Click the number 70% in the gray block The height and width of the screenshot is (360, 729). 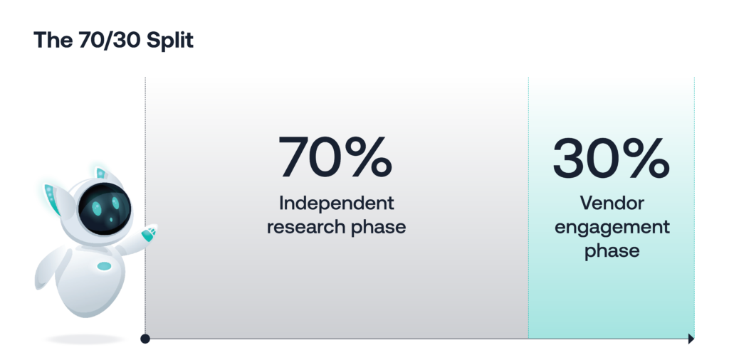(335, 158)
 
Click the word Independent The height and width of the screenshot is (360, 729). (336, 203)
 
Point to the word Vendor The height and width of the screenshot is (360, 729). (612, 203)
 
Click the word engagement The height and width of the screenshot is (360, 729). (612, 228)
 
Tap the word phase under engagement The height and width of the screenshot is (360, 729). (612, 251)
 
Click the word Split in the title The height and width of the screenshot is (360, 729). (169, 41)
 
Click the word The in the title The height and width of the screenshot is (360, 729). (51, 41)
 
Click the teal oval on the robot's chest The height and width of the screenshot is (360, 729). (105, 266)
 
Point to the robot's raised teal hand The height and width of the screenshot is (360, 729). (149, 233)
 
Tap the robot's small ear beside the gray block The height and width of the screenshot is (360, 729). (100, 172)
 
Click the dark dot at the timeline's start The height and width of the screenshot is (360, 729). (145, 339)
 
